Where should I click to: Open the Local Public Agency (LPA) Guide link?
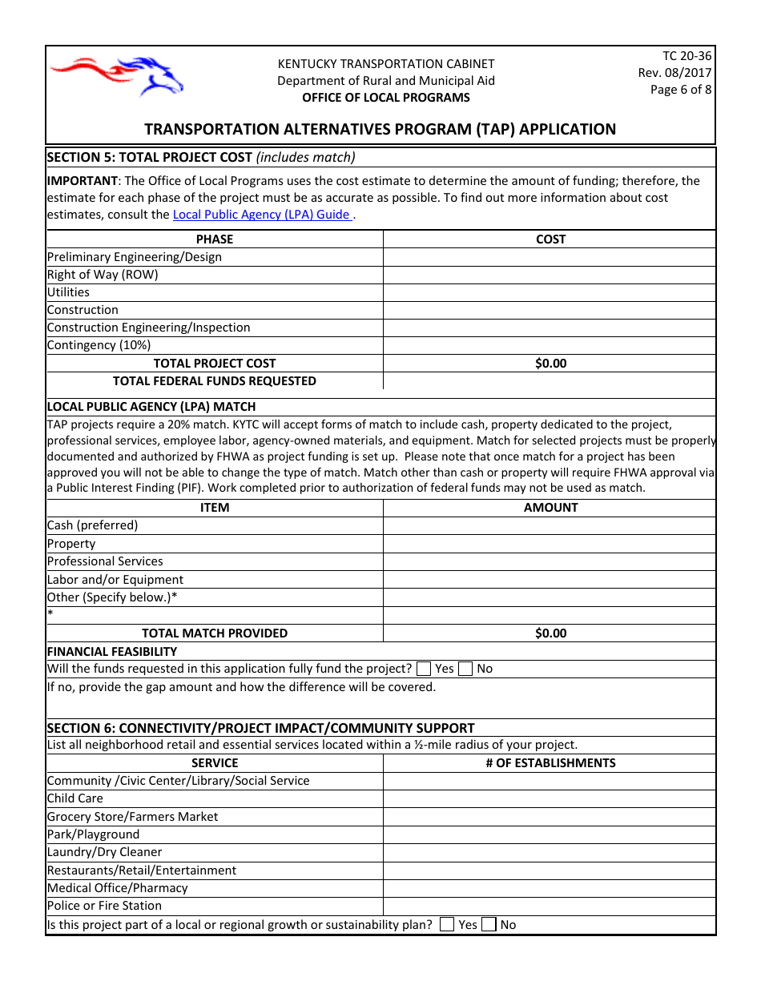(x=261, y=215)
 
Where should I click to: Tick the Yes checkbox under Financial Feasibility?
(x=425, y=669)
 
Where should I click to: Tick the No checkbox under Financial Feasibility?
(x=465, y=669)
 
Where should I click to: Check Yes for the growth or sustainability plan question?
(x=448, y=925)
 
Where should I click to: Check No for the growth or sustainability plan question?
(x=489, y=925)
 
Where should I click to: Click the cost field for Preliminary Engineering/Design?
(x=550, y=257)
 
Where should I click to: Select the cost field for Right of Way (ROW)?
(x=550, y=275)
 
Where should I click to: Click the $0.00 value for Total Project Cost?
(x=550, y=364)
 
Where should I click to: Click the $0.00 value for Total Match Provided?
(x=550, y=633)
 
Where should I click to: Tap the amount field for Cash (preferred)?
(x=550, y=525)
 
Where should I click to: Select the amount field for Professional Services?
(x=550, y=561)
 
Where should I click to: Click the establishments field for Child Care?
(x=550, y=798)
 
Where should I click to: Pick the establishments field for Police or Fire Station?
(x=550, y=906)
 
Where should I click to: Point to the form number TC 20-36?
(x=687, y=56)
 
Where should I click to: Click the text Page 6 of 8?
(x=681, y=90)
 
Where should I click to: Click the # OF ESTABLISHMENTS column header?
(x=550, y=763)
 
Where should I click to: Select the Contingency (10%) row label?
(x=99, y=345)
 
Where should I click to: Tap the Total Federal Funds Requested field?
(x=550, y=381)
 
